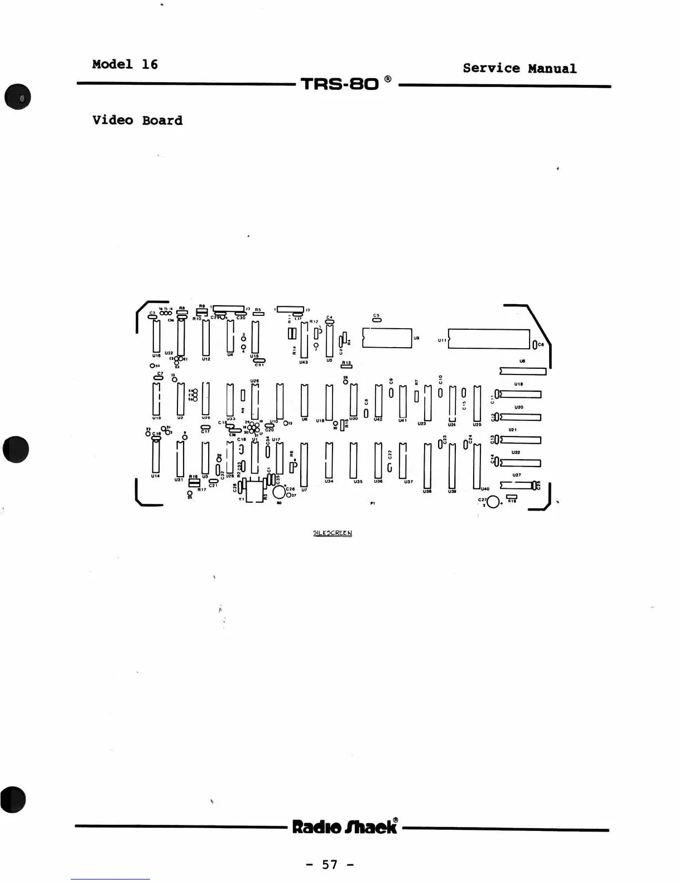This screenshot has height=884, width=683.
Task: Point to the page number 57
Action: (330, 864)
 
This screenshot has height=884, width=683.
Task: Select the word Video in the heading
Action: (113, 121)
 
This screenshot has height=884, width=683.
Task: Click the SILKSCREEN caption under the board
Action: (333, 533)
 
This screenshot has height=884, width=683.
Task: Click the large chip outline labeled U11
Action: (489, 339)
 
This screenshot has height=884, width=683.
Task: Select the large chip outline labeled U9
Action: (387, 338)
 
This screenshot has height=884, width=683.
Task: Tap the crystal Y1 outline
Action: (254, 491)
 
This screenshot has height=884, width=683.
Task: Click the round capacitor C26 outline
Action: (279, 492)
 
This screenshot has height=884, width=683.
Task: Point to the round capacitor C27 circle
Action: (493, 502)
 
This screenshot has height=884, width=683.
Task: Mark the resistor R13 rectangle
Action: (347, 367)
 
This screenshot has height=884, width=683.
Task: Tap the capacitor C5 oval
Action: (377, 321)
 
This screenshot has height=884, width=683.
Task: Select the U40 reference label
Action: (485, 489)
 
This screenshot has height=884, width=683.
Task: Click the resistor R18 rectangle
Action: (511, 496)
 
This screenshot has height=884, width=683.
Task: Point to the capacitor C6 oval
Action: (534, 344)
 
